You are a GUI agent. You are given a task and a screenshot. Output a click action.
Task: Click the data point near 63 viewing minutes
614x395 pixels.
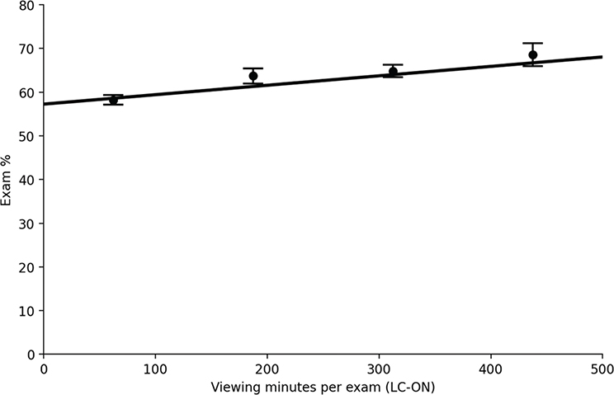click(x=114, y=100)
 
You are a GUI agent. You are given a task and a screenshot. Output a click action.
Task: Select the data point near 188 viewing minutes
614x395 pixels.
click(x=253, y=76)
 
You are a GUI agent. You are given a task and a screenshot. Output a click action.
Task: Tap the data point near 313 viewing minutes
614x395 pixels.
click(x=393, y=71)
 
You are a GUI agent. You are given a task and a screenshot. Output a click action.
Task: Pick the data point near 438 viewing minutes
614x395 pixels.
click(x=533, y=55)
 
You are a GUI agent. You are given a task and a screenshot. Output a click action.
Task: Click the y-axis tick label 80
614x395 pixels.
click(x=26, y=6)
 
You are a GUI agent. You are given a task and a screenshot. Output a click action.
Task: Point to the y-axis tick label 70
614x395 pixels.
click(x=26, y=49)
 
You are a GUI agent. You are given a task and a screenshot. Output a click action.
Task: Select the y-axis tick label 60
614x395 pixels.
click(x=26, y=92)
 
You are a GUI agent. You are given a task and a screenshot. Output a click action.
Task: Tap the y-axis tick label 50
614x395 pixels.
click(x=26, y=136)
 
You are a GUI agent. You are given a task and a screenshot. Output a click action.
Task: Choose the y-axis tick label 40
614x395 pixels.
click(x=26, y=180)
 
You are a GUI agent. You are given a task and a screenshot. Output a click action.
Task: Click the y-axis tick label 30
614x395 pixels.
click(x=26, y=223)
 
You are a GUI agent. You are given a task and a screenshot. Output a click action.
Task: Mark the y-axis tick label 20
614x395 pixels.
click(x=26, y=267)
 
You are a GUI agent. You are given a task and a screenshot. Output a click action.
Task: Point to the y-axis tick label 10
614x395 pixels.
click(x=26, y=311)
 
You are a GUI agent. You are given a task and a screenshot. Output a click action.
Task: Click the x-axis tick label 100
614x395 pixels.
click(x=155, y=369)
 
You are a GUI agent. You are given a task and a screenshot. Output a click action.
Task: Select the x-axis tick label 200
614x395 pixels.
click(x=267, y=369)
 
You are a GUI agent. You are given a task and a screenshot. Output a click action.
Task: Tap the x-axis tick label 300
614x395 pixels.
click(x=379, y=369)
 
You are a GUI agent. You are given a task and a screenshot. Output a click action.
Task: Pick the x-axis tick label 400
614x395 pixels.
click(x=491, y=369)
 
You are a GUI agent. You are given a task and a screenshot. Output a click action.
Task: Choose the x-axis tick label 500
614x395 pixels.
click(x=602, y=369)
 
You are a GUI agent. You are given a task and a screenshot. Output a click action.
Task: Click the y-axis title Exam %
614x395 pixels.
click(x=7, y=180)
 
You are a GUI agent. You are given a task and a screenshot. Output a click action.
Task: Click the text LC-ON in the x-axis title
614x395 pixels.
click(x=413, y=386)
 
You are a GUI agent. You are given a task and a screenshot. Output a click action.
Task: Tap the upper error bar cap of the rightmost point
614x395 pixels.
click(x=533, y=43)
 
